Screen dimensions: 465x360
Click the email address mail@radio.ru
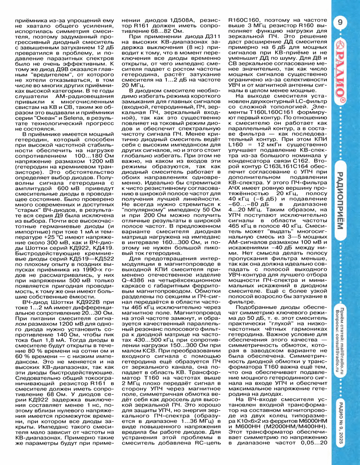pos(343,342)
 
